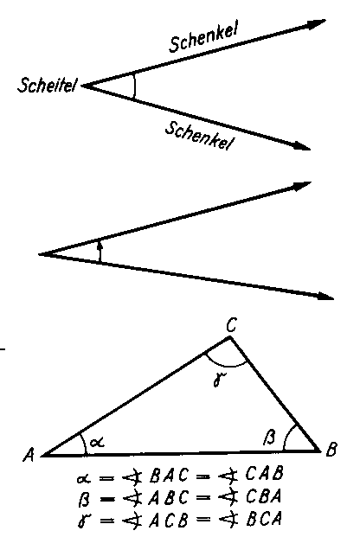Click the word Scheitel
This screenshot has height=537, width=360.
pyautogui.click(x=47, y=85)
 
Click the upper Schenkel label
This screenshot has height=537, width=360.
pyautogui.click(x=203, y=38)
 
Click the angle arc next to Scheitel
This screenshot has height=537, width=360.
pyautogui.click(x=135, y=86)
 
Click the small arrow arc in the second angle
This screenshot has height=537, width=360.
pyautogui.click(x=100, y=252)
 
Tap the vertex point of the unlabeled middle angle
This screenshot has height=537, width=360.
pyautogui.click(x=39, y=254)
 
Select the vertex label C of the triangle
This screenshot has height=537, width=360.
pyautogui.click(x=231, y=325)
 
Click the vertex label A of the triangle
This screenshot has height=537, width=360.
pyautogui.click(x=29, y=455)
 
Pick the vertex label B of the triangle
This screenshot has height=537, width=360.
pyautogui.click(x=331, y=449)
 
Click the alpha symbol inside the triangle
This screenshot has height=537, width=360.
pyautogui.click(x=97, y=442)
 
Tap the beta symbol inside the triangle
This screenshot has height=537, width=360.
pyautogui.click(x=269, y=437)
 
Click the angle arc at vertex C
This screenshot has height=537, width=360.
pyautogui.click(x=226, y=365)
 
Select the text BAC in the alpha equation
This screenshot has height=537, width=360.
pyautogui.click(x=169, y=475)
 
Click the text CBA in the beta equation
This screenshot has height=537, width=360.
pyautogui.click(x=263, y=496)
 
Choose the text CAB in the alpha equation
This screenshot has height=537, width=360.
pyautogui.click(x=264, y=474)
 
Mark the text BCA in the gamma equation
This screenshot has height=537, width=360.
pyautogui.click(x=263, y=519)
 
